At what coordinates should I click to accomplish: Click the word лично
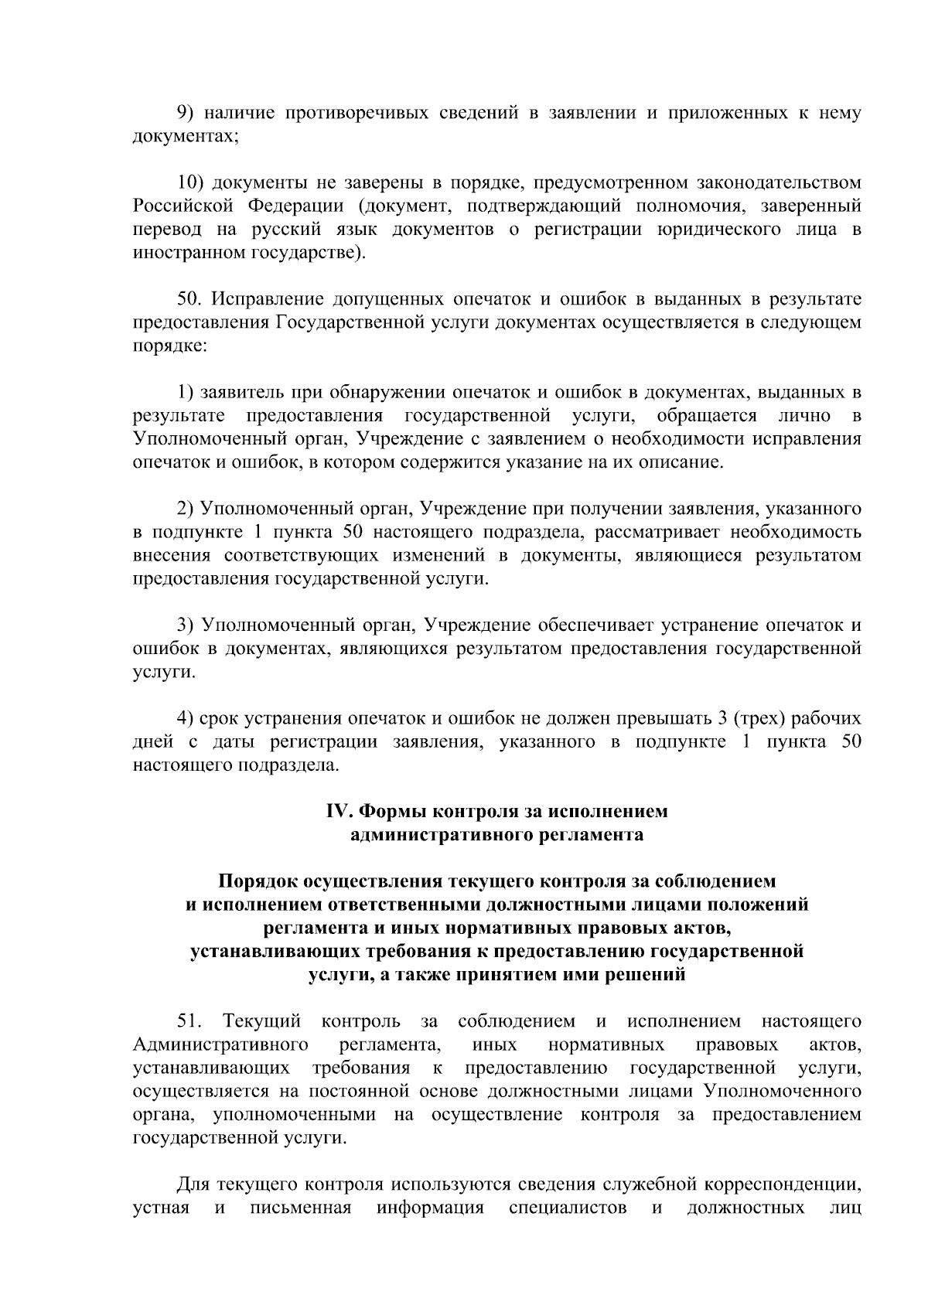(805, 416)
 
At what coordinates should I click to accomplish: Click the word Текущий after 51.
(261, 1021)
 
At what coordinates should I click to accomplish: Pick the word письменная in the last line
(301, 1208)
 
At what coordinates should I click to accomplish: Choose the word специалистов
(568, 1208)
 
